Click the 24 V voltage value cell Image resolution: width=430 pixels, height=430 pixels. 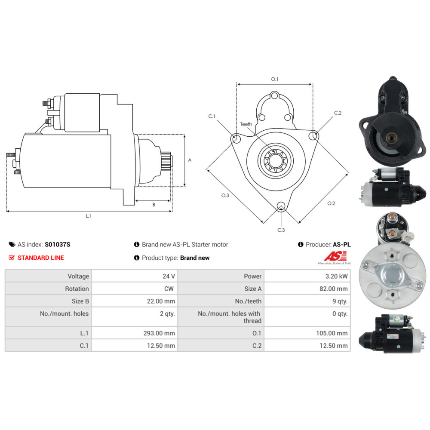[169, 276]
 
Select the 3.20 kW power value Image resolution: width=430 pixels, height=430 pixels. [336, 276]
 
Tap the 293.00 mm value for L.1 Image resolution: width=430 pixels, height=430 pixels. [159, 333]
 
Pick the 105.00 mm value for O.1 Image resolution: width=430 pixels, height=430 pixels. [332, 333]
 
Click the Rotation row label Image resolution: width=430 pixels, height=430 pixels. [77, 289]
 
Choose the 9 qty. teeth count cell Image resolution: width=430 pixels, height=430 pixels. [340, 301]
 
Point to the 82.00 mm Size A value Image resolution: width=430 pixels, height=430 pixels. [334, 289]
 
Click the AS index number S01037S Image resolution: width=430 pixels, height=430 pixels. [58, 244]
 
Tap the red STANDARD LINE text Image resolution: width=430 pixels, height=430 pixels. [40, 258]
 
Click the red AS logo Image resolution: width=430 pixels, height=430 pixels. [335, 256]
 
